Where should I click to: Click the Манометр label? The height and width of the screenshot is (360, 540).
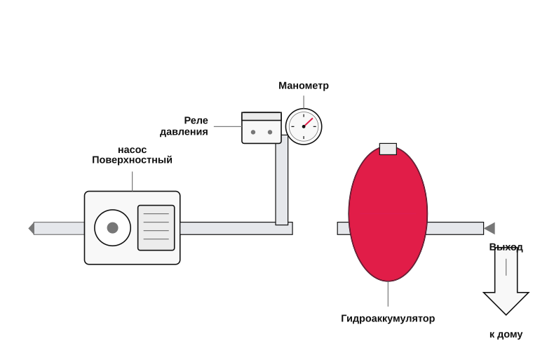point(304,86)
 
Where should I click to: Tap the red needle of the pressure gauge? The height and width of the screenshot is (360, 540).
point(309,122)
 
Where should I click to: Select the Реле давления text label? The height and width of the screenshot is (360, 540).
point(184,126)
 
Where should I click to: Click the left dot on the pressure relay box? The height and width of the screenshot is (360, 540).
point(253,133)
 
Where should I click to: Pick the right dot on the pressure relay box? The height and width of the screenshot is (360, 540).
point(270,133)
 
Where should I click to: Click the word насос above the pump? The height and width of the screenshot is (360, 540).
point(133,150)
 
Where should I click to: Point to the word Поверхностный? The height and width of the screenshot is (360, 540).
point(133,160)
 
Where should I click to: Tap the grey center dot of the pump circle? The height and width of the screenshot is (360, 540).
point(113,227)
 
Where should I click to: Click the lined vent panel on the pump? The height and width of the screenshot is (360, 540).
point(156,227)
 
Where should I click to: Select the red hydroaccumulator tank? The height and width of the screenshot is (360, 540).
point(388,213)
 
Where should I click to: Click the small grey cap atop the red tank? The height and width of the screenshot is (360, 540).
point(388,149)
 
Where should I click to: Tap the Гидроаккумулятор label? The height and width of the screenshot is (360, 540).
point(388,319)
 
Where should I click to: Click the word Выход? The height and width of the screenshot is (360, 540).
point(506,247)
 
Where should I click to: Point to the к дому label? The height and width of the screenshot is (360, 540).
point(506,334)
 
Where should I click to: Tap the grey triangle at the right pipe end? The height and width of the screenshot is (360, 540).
point(490,228)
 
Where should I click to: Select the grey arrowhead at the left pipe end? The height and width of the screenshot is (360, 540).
point(32,228)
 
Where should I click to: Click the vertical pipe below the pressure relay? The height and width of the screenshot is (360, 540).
point(282,180)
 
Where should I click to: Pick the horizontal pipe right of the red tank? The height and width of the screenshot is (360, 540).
point(455,228)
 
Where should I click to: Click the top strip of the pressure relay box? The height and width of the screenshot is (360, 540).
point(262,116)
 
